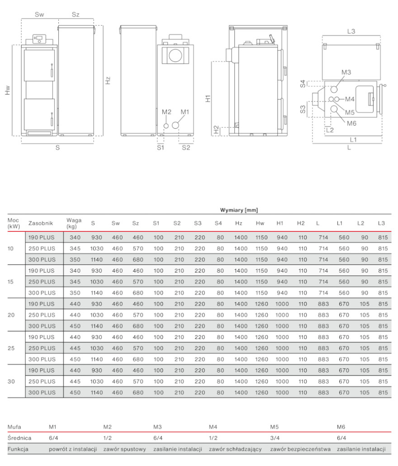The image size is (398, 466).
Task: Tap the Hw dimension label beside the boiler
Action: [x=8, y=90]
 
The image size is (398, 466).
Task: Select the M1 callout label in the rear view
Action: [x=185, y=112]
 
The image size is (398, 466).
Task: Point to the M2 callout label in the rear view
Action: [x=166, y=112]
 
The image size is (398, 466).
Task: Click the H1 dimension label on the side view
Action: [x=208, y=99]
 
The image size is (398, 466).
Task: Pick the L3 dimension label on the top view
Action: [x=351, y=31]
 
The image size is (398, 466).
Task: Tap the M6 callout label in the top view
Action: [x=352, y=123]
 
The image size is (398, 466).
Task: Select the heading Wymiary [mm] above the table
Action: [x=239, y=210]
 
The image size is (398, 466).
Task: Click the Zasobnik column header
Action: [x=41, y=223]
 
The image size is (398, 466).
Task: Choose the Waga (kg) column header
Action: [x=74, y=223]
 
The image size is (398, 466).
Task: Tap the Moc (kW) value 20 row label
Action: [x=12, y=315]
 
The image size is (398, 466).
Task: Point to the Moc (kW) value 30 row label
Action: [x=12, y=381]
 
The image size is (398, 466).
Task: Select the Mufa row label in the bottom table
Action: [x=14, y=426]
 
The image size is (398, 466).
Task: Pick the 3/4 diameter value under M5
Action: [x=275, y=438]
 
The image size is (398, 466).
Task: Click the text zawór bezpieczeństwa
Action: [x=300, y=449]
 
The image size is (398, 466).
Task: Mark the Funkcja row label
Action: [x=18, y=449]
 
